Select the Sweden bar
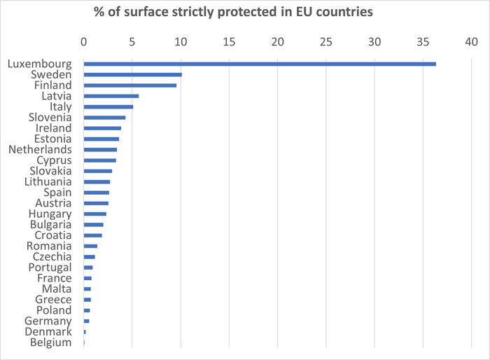(132, 74)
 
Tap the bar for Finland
(129, 85)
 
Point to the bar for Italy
(108, 106)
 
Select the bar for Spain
(96, 192)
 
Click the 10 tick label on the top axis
(181, 42)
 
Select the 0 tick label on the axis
(84, 42)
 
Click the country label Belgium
(50, 342)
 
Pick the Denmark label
(48, 331)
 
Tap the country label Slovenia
(50, 117)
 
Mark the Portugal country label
(50, 267)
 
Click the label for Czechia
(50, 256)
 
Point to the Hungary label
(50, 214)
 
